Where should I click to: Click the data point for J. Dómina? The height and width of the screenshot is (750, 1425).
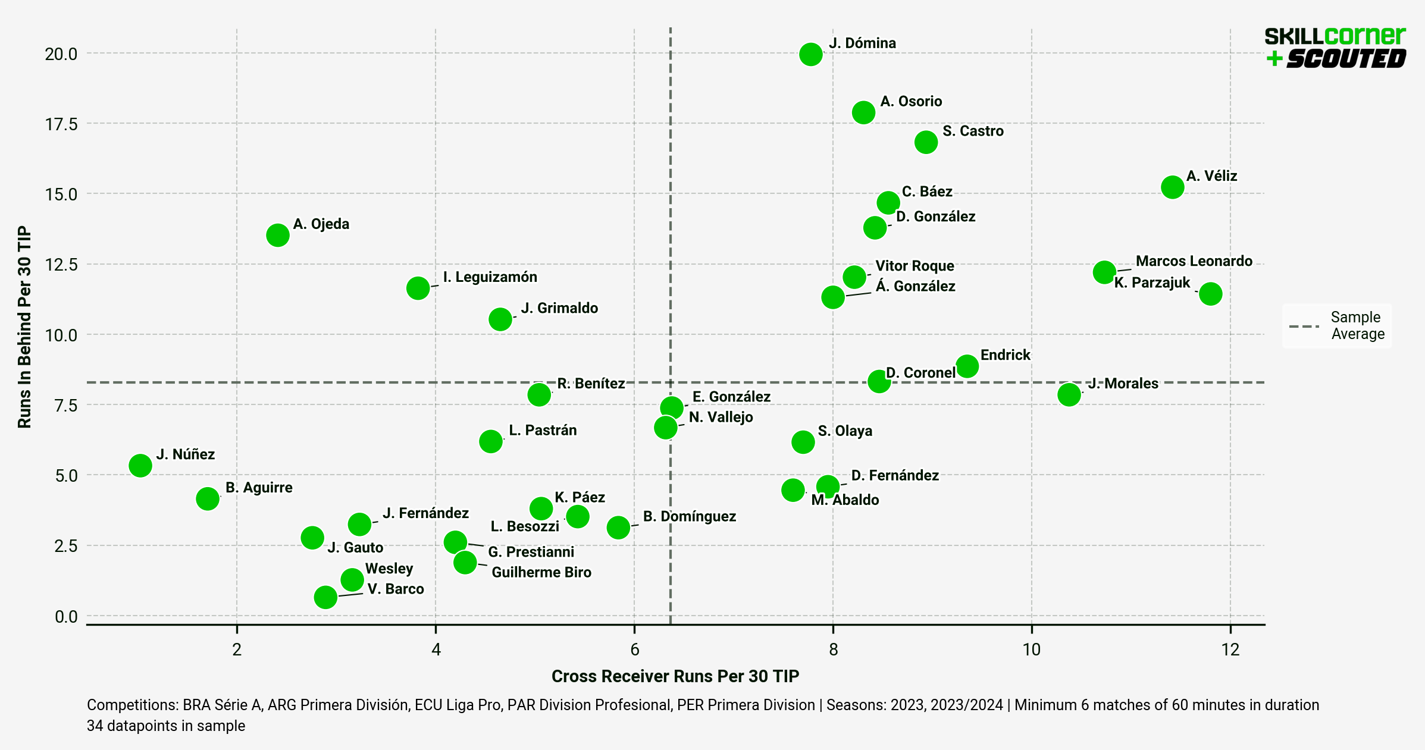click(811, 54)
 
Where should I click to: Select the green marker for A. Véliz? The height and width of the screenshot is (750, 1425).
click(1172, 187)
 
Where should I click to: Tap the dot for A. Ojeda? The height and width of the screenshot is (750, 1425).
click(278, 235)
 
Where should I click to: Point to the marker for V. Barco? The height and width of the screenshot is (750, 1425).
click(325, 597)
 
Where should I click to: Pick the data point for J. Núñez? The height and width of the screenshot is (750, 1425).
click(140, 465)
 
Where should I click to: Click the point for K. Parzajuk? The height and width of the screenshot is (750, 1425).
click(1210, 293)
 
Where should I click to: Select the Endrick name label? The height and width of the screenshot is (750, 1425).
click(1005, 355)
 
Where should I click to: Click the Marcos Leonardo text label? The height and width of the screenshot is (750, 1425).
click(1194, 261)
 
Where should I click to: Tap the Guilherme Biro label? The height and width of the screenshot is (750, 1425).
click(541, 572)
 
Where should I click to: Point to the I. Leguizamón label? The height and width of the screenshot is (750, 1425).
click(490, 277)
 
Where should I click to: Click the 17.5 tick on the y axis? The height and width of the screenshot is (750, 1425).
click(61, 124)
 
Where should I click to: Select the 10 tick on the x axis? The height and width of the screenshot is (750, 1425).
click(1031, 649)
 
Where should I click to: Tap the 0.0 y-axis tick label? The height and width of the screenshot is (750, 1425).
click(66, 617)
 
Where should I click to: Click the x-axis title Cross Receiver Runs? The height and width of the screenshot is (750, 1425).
click(675, 676)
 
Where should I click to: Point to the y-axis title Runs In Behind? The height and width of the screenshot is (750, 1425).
click(24, 327)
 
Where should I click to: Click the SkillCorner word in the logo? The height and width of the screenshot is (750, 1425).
click(1335, 36)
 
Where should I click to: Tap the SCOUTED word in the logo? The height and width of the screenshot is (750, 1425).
click(1346, 59)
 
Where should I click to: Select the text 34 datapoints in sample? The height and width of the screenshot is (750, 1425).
click(166, 726)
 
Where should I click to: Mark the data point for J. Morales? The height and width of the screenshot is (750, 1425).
click(1069, 394)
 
